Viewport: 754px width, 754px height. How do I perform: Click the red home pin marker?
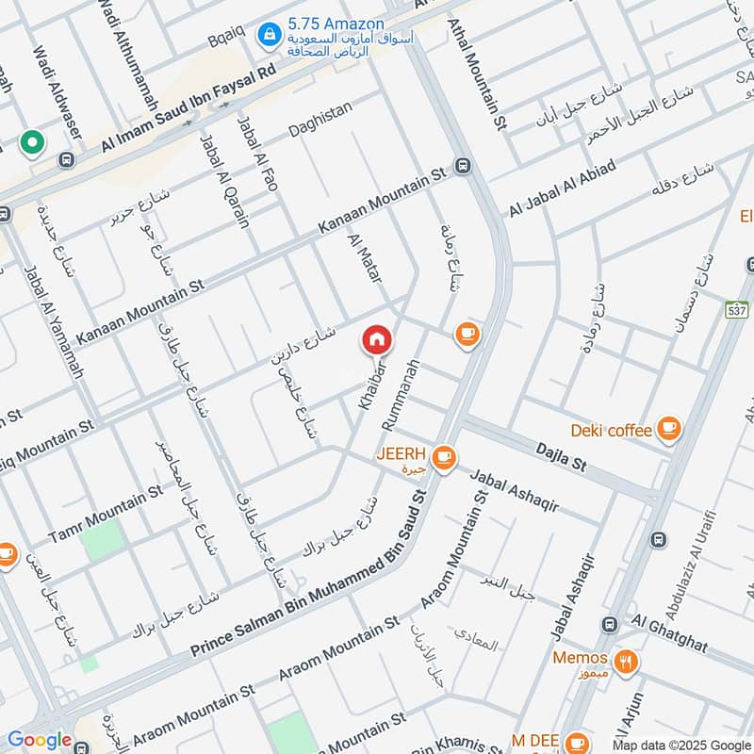click(376, 340)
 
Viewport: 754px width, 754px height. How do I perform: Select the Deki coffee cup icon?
click(668, 430)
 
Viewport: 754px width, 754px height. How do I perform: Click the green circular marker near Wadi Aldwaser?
click(32, 144)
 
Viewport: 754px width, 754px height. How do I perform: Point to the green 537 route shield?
click(737, 309)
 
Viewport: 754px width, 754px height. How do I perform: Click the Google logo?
click(39, 741)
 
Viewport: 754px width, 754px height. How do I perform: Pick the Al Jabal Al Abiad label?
click(563, 187)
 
